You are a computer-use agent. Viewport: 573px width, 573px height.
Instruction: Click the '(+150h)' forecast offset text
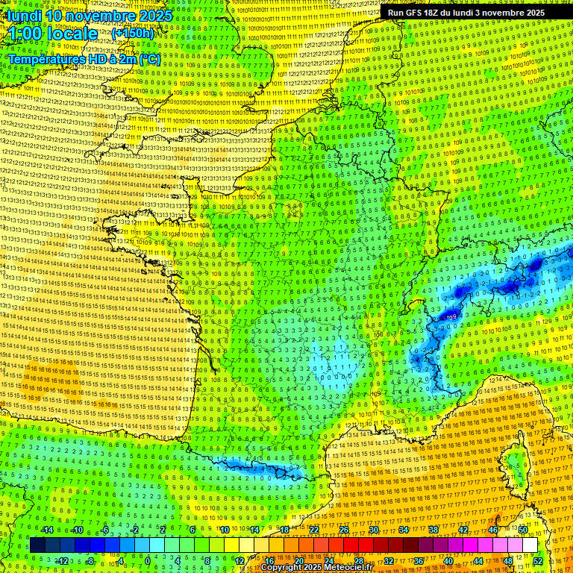coord(133,33)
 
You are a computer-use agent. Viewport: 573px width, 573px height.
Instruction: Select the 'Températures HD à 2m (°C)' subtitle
coord(84,58)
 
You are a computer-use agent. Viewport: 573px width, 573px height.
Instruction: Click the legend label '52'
coord(537,560)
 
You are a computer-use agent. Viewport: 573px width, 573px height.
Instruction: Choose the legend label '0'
coord(148,560)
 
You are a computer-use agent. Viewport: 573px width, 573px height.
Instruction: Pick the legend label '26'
coord(344,530)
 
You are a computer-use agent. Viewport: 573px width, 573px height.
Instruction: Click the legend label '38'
coord(433,530)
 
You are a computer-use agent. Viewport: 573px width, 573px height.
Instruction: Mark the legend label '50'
coord(522,530)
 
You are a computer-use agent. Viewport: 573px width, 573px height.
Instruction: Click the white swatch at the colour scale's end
coord(530,545)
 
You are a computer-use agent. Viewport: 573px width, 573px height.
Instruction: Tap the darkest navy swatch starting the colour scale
coord(37,545)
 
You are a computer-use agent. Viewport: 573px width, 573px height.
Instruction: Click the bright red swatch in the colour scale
coord(351,545)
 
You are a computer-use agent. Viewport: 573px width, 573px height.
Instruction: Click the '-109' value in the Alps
coord(450,318)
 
